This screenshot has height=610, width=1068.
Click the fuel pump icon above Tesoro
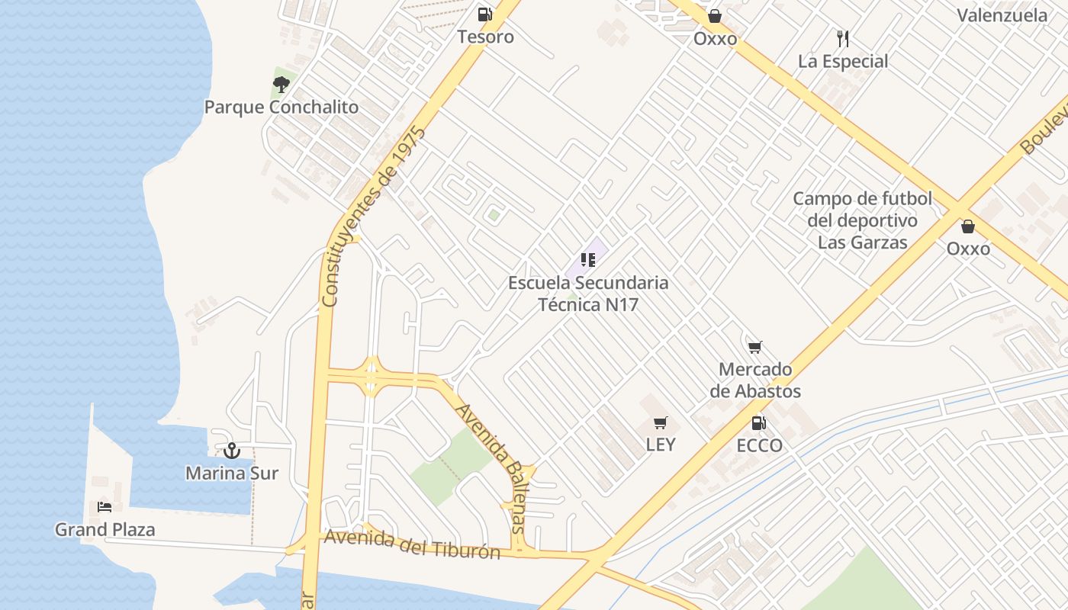pos(484,14)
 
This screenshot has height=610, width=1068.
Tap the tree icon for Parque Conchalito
pos(281,84)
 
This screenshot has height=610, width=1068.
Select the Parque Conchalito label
pos(281,107)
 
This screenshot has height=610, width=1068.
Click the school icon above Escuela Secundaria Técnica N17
pos(587,261)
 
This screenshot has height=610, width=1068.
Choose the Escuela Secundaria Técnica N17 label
pos(588,294)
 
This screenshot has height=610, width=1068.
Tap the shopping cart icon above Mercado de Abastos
pos(755,348)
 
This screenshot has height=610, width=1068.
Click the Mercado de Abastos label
pos(755,380)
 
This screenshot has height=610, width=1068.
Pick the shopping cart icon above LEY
pos(661,422)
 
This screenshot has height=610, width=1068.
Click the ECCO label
pos(760,445)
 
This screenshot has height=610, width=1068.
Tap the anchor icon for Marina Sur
pos(232,451)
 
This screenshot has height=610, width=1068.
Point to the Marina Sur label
pos(232,473)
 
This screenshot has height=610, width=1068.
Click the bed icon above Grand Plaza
pos(105,507)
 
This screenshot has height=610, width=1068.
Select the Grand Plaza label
pos(105,529)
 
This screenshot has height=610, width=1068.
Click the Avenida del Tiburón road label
pos(412,544)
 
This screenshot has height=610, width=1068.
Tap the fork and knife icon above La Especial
pos(843,39)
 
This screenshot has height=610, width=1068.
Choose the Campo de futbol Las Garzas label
pos(863,220)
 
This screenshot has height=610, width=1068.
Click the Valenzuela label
pos(1002,15)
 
